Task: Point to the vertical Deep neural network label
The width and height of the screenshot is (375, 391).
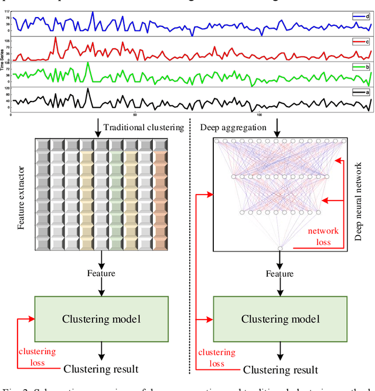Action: point(359,193)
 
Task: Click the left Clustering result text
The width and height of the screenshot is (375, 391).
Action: point(101,369)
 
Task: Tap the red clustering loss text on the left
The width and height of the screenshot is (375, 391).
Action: point(36,357)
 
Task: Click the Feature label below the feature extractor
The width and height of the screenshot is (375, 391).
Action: point(101,273)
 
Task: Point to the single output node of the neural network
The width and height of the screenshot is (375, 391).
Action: point(280,249)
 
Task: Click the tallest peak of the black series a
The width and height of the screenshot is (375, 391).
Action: point(87,90)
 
